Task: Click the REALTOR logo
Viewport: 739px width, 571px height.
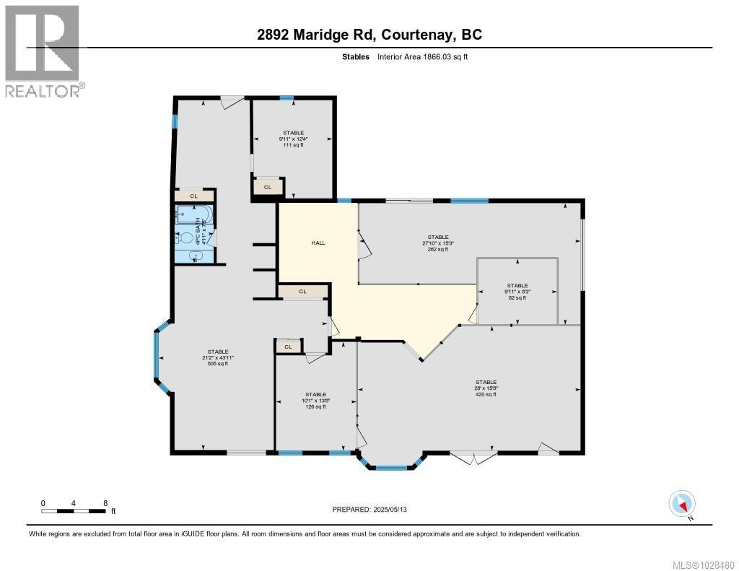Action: [43, 51]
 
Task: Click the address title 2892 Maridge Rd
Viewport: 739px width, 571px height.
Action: [369, 34]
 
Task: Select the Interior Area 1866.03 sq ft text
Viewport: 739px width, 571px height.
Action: [422, 56]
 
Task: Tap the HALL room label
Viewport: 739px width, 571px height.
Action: [318, 243]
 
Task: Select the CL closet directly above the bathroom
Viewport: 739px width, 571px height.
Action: [193, 196]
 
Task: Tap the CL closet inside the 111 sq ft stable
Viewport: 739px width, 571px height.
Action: [268, 187]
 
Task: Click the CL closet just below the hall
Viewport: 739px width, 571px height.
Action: [303, 292]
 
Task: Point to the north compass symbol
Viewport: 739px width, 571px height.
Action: [682, 503]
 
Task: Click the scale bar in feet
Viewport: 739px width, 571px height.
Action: [74, 511]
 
